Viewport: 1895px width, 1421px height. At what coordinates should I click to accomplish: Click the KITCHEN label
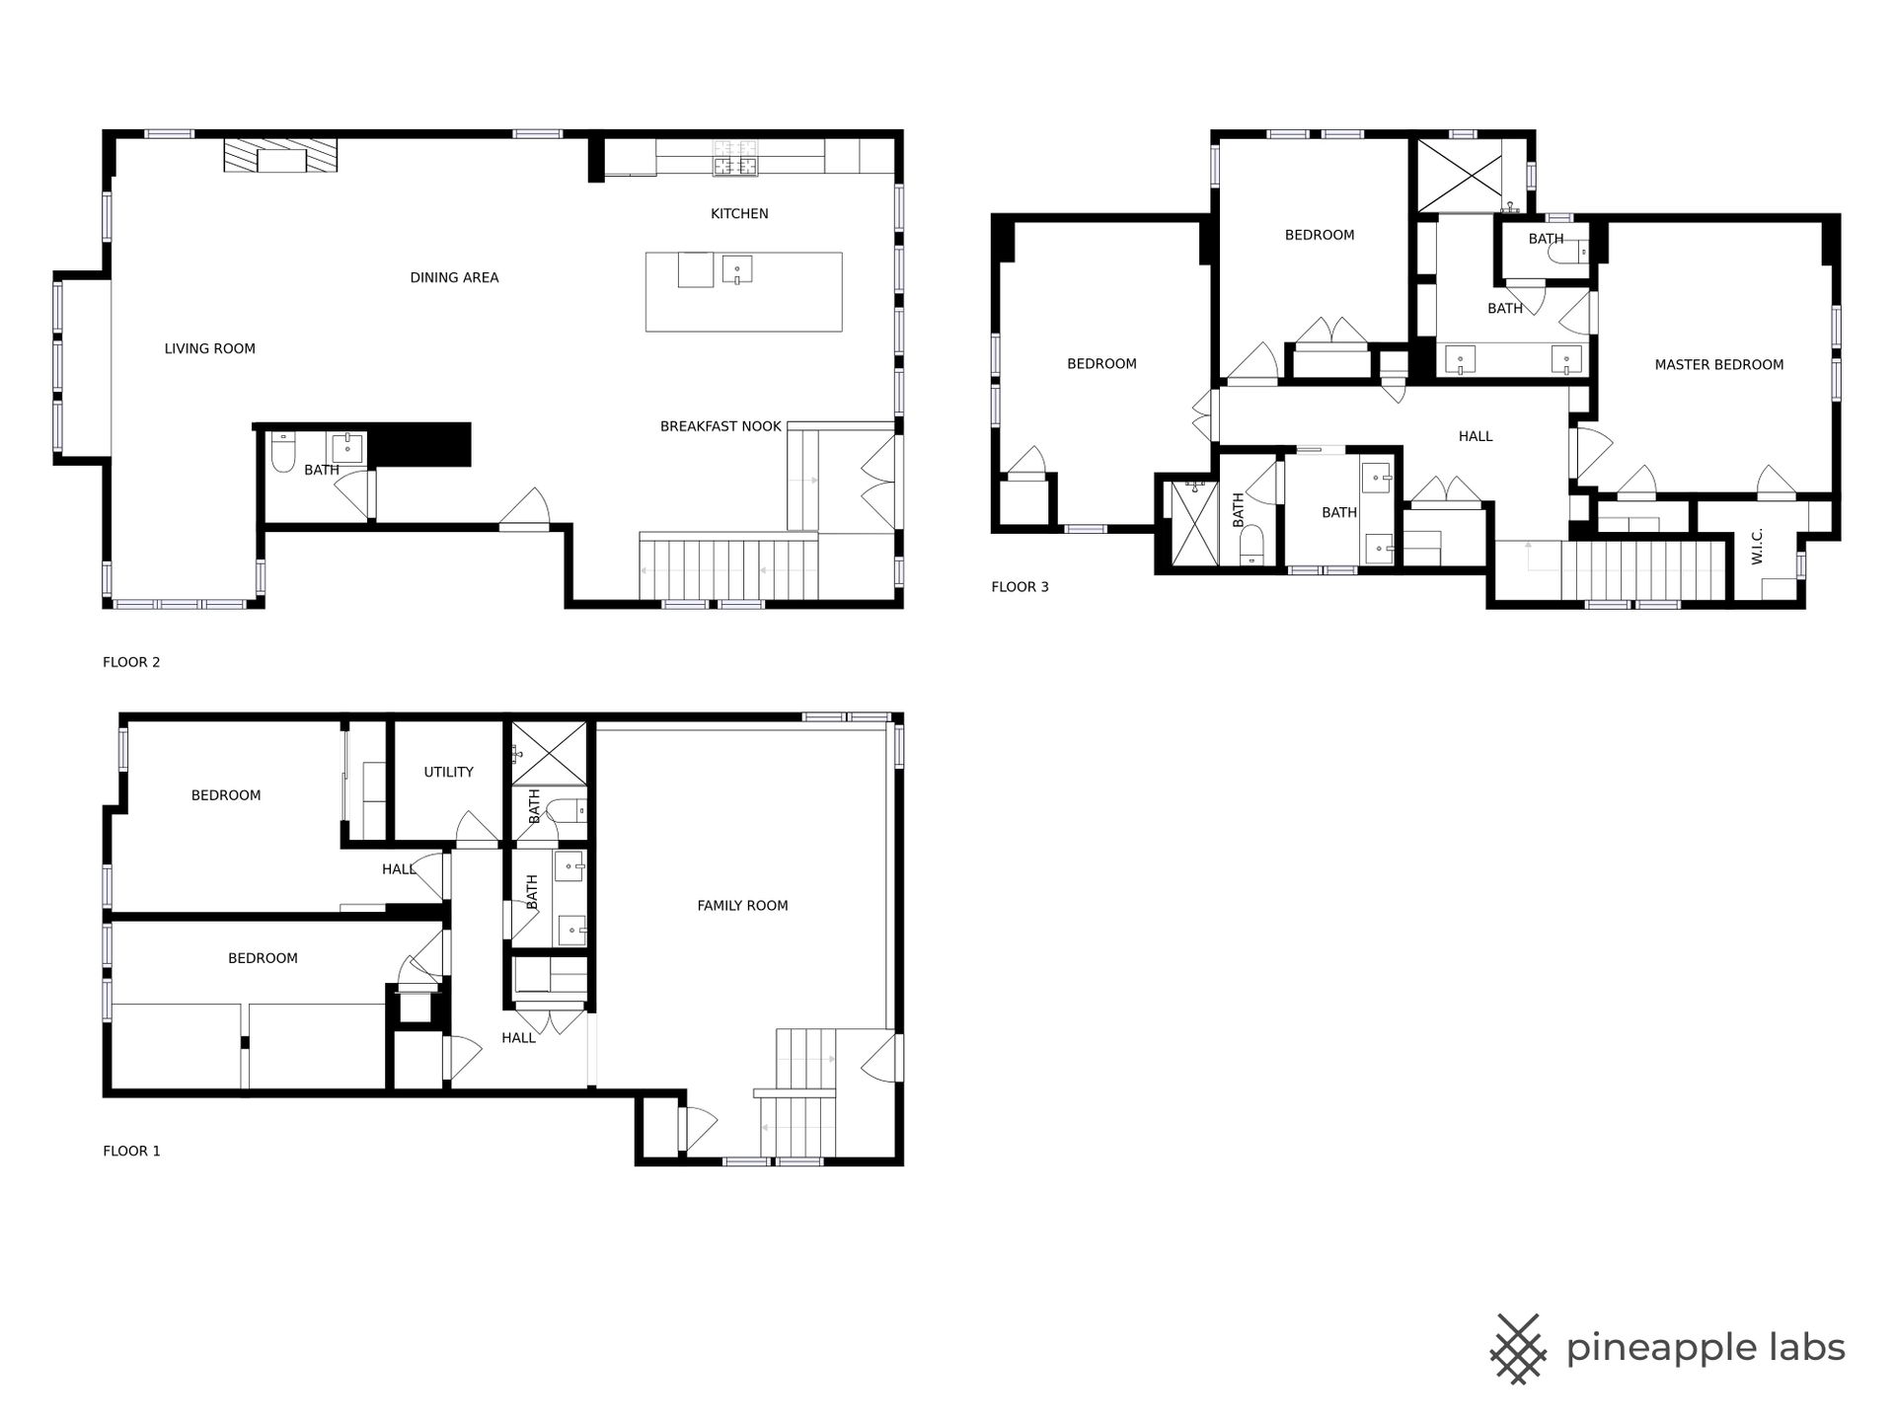click(739, 213)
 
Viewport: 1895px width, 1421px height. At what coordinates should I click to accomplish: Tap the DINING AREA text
click(454, 277)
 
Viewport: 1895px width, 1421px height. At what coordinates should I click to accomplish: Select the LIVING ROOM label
click(209, 348)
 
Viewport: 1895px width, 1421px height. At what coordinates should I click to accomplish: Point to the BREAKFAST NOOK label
click(720, 426)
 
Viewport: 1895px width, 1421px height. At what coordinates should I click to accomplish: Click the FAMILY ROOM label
click(742, 905)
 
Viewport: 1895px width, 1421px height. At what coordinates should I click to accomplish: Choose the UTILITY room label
click(448, 772)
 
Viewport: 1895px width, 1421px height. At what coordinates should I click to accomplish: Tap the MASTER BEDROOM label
click(1718, 364)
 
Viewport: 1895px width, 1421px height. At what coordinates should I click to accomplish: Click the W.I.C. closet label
click(1757, 546)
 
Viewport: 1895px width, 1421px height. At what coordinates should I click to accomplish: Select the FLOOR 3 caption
click(1020, 586)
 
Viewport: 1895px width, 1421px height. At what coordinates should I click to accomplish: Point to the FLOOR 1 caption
click(131, 1151)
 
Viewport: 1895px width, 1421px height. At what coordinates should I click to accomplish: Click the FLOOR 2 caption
click(131, 662)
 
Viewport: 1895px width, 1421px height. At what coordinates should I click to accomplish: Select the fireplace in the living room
click(280, 156)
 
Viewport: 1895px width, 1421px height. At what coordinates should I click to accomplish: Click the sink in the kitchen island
click(736, 269)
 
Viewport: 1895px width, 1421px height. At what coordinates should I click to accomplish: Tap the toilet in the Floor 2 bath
click(282, 452)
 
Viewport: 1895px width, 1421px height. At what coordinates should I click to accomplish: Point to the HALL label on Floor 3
click(1476, 436)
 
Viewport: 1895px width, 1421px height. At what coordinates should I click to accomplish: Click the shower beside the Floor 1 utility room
click(549, 753)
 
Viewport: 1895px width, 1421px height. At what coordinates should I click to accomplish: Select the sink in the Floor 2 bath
click(348, 446)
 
